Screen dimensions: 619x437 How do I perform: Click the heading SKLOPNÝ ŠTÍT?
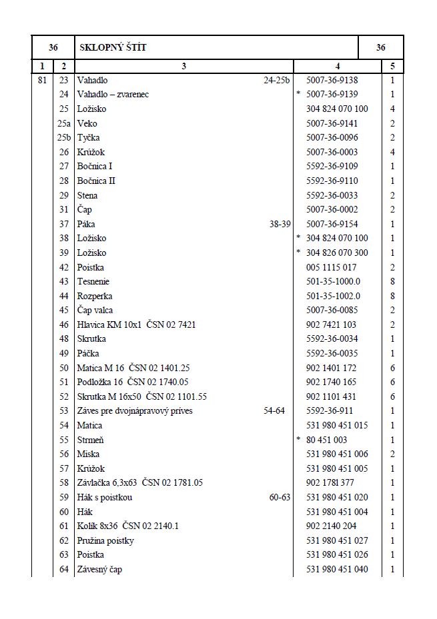click(113, 47)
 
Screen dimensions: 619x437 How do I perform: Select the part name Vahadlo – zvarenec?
click(113, 94)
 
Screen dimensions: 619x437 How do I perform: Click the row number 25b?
click(63, 137)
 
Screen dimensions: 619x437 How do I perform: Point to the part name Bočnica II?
click(97, 181)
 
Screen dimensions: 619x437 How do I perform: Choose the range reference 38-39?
click(280, 224)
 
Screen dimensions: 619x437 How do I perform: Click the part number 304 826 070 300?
click(336, 253)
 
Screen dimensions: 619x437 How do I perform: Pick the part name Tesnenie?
click(93, 282)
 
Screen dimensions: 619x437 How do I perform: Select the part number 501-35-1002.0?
click(333, 296)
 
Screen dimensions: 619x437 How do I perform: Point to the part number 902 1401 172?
click(331, 368)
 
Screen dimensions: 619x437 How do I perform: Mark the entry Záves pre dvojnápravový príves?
click(135, 410)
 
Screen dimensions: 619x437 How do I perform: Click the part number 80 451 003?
click(326, 440)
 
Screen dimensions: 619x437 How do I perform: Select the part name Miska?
click(88, 454)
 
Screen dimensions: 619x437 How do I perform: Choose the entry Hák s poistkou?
click(105, 497)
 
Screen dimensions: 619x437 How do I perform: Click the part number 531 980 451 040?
click(336, 569)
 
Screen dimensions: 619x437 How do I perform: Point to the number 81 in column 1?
click(42, 80)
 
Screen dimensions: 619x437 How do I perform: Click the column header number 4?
click(338, 66)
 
